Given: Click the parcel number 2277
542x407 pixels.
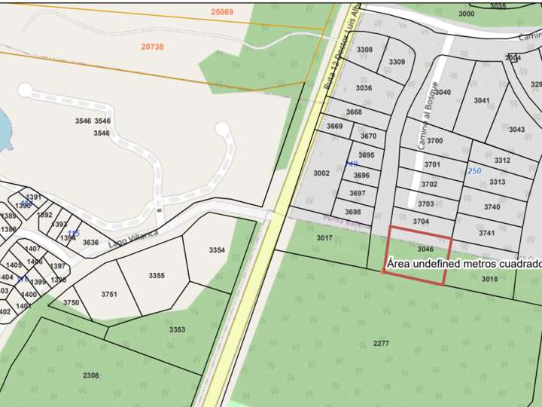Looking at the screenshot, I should [381, 344].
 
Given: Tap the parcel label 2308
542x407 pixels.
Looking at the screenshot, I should [90, 375].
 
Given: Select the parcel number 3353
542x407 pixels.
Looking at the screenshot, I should [177, 330].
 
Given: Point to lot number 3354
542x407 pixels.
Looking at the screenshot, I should [217, 250].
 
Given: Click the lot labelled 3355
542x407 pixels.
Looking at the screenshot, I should [157, 276].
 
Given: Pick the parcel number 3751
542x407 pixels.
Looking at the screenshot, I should [109, 295].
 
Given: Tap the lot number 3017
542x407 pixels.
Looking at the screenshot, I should [324, 238].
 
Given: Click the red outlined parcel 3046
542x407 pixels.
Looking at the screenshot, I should [425, 249].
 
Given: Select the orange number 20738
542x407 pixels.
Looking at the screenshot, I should [152, 47].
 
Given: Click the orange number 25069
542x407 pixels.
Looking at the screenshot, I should [222, 12].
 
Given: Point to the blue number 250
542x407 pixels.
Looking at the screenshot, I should [474, 171].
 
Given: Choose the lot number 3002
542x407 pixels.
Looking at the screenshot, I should [321, 173].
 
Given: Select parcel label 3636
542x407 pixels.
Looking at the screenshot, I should [90, 243].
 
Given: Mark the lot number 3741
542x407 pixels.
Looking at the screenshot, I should [486, 234].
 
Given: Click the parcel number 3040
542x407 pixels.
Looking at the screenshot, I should [443, 93].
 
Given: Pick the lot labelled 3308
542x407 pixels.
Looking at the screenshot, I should [364, 50].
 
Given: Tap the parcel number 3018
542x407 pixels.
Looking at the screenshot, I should [489, 279].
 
